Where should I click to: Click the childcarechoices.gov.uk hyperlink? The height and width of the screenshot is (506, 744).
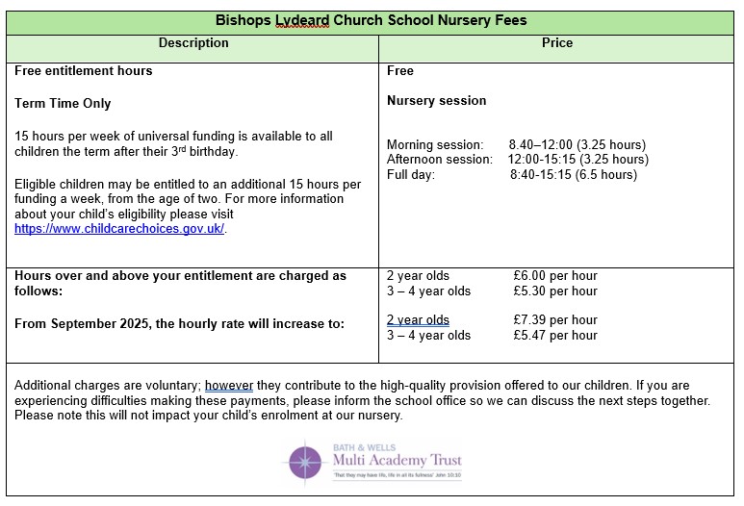[120, 229]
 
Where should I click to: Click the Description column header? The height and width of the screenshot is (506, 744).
[193, 43]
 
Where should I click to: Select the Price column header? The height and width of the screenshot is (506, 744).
[557, 43]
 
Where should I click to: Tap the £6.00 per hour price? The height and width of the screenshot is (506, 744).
[555, 276]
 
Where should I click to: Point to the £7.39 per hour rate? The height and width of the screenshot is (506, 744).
[555, 320]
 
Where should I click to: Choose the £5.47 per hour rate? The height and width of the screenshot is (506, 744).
[555, 336]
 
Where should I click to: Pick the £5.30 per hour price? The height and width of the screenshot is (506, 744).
[555, 291]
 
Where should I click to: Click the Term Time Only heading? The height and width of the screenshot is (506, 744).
[63, 104]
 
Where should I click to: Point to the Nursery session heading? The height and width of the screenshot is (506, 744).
[436, 101]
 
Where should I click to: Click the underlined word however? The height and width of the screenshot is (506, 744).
[229, 386]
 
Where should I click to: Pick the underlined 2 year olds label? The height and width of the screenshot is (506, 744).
[418, 320]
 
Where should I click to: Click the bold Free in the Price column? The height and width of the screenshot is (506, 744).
[400, 71]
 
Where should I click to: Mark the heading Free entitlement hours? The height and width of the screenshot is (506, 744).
[84, 71]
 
